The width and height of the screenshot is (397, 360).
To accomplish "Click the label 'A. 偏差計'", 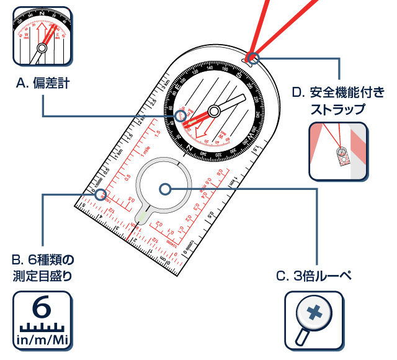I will (42, 82).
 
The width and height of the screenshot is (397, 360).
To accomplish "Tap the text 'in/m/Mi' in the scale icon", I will (42, 340).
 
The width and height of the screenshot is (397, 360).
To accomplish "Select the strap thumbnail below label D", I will (338, 151).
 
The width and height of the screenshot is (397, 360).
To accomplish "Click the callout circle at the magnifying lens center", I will (164, 188).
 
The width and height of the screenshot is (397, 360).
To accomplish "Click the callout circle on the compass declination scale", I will (181, 116).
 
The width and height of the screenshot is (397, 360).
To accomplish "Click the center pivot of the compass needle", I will (214, 111).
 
